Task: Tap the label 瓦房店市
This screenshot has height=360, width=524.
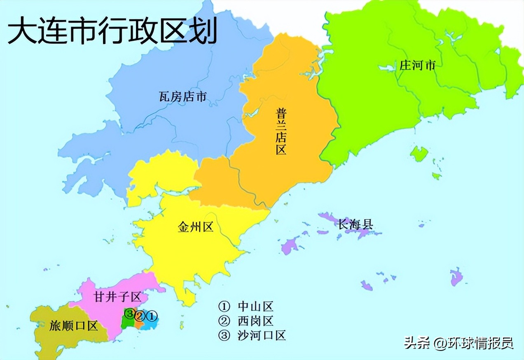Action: [182, 97]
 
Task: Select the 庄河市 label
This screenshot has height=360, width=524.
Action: [417, 65]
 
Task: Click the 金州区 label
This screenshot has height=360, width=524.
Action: [195, 227]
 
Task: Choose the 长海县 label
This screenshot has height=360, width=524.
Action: [356, 224]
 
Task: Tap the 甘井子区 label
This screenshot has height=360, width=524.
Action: [117, 297]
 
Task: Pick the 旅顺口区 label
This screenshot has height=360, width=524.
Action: [74, 326]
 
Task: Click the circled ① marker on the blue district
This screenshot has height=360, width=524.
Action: [152, 316]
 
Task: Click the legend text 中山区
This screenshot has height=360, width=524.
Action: [255, 306]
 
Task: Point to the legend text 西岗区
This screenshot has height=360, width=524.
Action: [255, 321]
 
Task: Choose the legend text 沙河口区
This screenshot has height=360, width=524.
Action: [262, 335]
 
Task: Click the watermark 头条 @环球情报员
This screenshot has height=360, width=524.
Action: [458, 343]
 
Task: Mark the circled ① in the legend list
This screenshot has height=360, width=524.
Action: [224, 306]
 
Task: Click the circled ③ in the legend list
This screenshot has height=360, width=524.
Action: [224, 335]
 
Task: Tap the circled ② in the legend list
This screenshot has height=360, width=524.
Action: [224, 321]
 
